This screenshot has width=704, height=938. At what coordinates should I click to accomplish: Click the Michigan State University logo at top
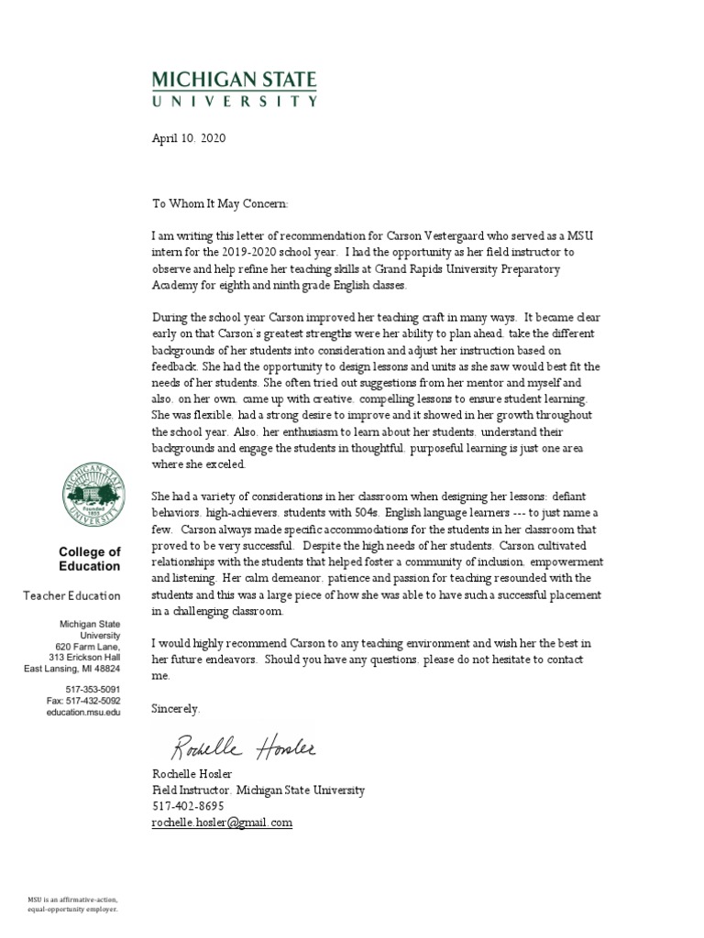pyautogui.click(x=235, y=90)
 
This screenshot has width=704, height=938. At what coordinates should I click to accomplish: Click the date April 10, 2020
pyautogui.click(x=188, y=139)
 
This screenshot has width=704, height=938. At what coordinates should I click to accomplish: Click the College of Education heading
pyautogui.click(x=90, y=559)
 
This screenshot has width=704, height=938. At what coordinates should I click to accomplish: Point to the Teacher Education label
pyautogui.click(x=71, y=596)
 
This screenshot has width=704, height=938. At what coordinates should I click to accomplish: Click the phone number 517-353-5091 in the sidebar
pyautogui.click(x=93, y=687)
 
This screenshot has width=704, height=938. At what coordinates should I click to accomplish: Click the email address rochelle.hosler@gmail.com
pyautogui.click(x=222, y=823)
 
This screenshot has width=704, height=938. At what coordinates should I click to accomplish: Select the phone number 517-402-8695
pyautogui.click(x=187, y=806)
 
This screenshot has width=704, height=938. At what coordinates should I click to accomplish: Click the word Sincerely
pyautogui.click(x=176, y=708)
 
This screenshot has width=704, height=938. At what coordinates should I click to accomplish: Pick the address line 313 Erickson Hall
pyautogui.click(x=84, y=656)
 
